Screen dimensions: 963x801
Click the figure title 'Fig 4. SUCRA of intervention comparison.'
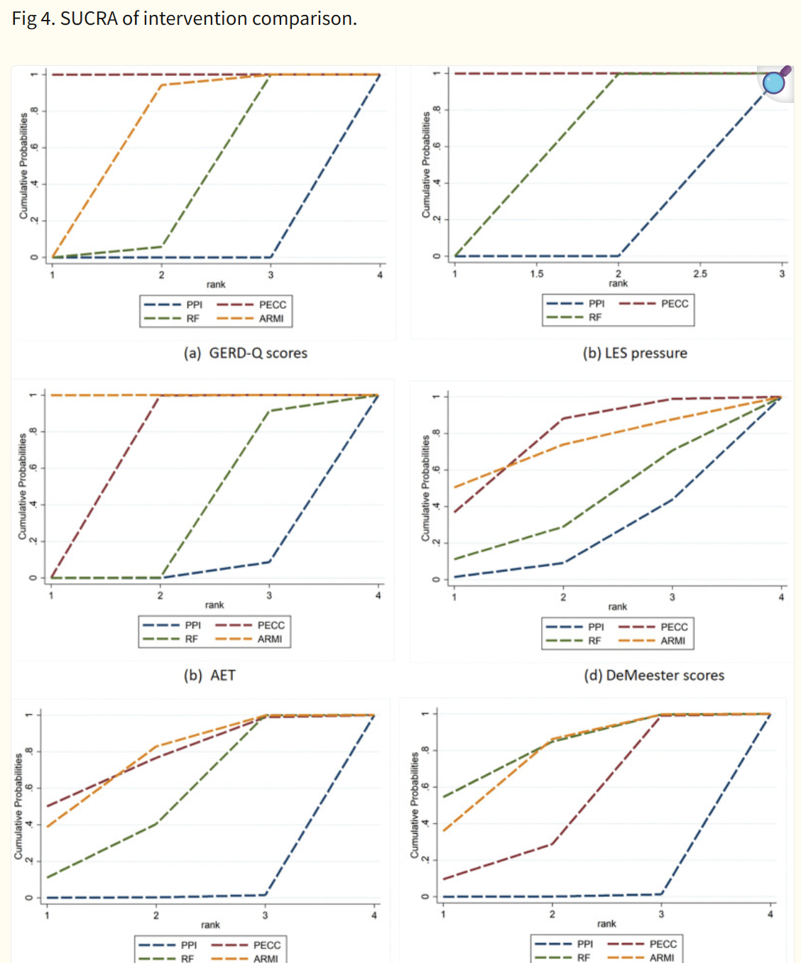pyautogui.click(x=184, y=18)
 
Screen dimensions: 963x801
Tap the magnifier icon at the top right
pyautogui.click(x=775, y=82)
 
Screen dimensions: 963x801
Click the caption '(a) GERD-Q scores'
pyautogui.click(x=245, y=353)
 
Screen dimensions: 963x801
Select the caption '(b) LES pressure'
pyautogui.click(x=635, y=353)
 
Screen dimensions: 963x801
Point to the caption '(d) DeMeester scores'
pyautogui.click(x=654, y=676)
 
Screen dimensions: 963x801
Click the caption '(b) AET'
pyautogui.click(x=209, y=676)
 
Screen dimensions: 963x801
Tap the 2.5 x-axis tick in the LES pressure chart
pyautogui.click(x=700, y=273)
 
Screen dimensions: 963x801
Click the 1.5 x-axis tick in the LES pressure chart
pyautogui.click(x=537, y=273)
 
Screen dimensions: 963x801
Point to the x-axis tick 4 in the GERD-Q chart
pyautogui.click(x=380, y=275)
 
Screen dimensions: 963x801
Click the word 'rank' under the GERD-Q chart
pyautogui.click(x=216, y=285)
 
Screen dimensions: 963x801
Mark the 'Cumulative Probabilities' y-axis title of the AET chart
pyautogui.click(x=23, y=487)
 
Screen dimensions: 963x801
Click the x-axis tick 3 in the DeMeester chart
pyautogui.click(x=672, y=597)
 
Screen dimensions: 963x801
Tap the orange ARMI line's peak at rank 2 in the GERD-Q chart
pyautogui.click(x=162, y=85)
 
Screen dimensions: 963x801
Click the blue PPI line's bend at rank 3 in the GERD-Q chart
pyautogui.click(x=271, y=257)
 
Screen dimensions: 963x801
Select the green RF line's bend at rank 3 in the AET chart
pyautogui.click(x=268, y=411)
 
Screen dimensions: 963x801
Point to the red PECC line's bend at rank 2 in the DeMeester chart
pyautogui.click(x=563, y=419)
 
